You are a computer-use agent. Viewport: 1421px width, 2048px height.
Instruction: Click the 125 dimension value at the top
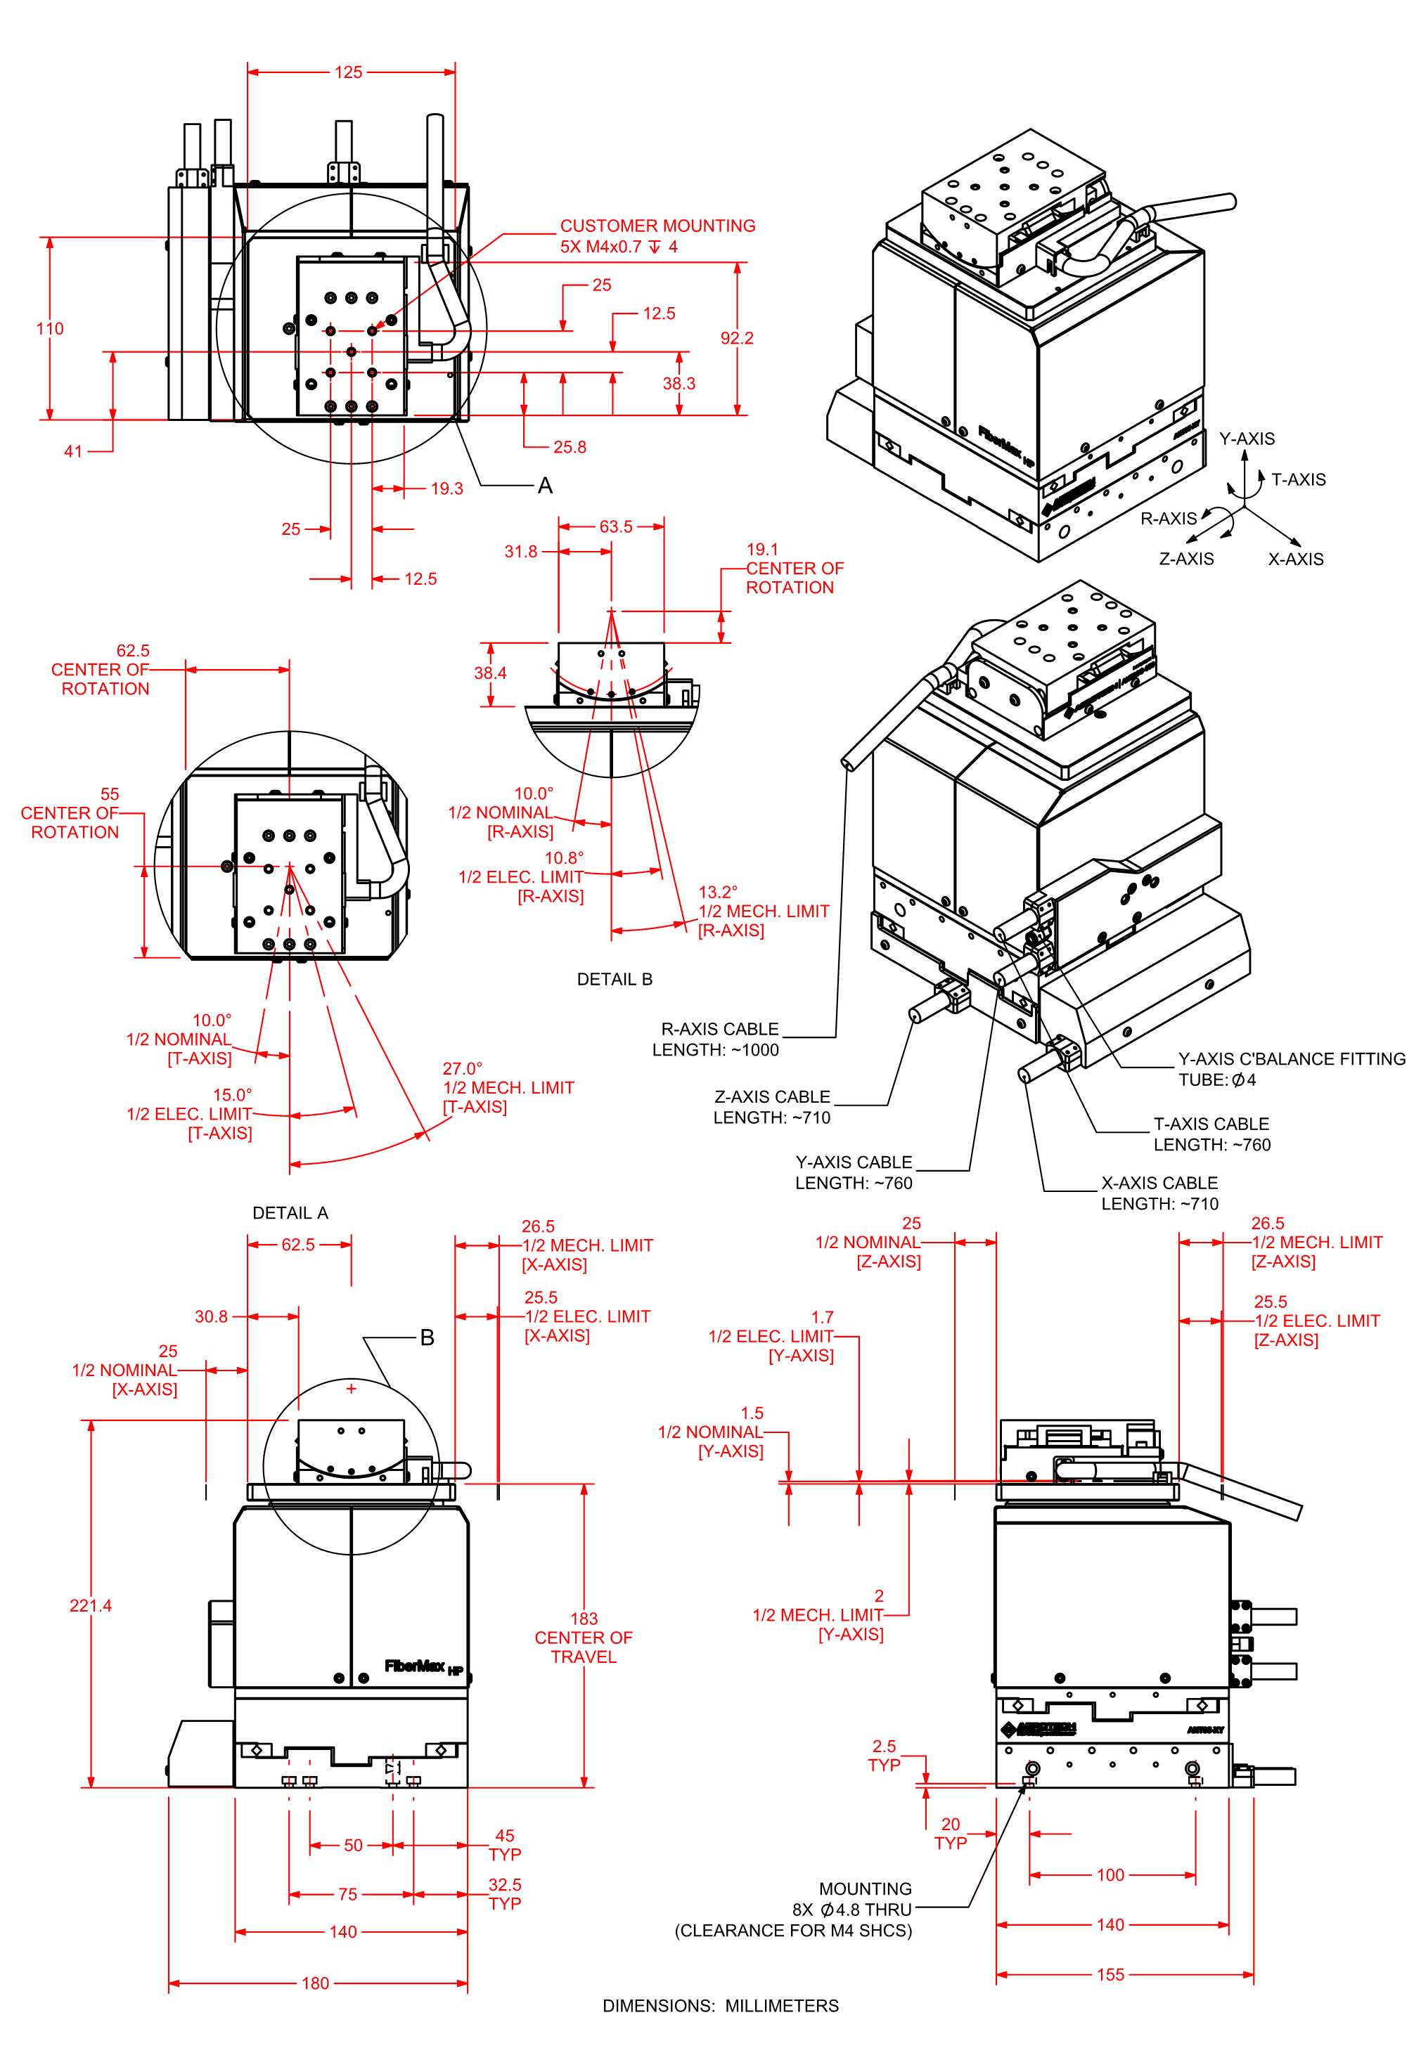tap(348, 72)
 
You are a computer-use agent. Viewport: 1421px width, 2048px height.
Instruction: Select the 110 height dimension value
tap(50, 328)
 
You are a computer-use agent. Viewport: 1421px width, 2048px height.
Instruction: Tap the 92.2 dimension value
tap(736, 338)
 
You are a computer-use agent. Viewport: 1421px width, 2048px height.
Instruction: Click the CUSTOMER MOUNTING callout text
tap(657, 226)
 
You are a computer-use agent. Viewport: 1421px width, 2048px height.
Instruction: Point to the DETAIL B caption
tap(615, 979)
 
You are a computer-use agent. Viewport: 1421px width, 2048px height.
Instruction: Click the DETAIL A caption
tap(290, 1213)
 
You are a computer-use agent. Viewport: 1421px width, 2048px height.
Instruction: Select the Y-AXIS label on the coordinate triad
tap(1247, 439)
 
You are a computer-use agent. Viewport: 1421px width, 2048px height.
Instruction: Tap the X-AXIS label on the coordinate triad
tap(1295, 559)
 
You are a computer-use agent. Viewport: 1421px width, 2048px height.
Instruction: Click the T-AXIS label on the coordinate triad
tap(1298, 480)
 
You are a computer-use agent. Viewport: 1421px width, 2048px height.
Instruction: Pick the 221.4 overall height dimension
tap(91, 1606)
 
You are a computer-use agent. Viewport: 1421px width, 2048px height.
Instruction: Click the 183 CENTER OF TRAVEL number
tap(584, 1618)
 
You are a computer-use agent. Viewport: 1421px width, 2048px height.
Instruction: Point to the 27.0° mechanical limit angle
tap(462, 1068)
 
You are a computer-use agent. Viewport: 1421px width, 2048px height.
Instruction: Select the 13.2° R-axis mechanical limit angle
tap(718, 892)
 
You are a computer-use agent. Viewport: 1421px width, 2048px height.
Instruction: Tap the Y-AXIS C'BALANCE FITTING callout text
tap(1291, 1059)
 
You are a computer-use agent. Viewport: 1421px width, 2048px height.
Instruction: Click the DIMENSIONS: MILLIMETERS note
tap(720, 2005)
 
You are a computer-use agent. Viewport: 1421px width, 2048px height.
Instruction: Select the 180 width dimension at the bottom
tap(315, 1983)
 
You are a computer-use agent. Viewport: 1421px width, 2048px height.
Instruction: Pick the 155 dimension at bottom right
tap(1110, 1974)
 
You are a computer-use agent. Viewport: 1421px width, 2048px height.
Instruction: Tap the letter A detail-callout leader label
tap(545, 485)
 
